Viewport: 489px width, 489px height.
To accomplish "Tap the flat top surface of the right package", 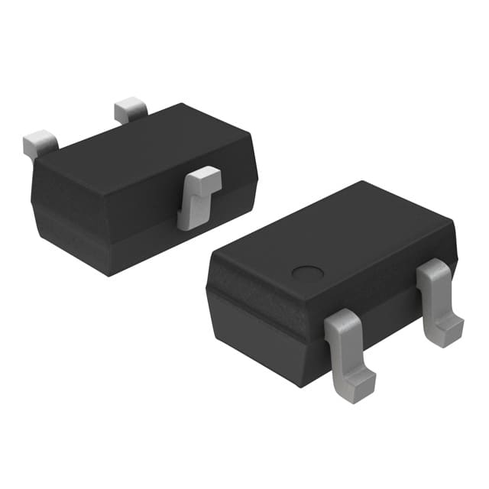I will [x=336, y=237].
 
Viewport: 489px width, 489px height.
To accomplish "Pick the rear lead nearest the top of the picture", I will [x=130, y=110].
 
